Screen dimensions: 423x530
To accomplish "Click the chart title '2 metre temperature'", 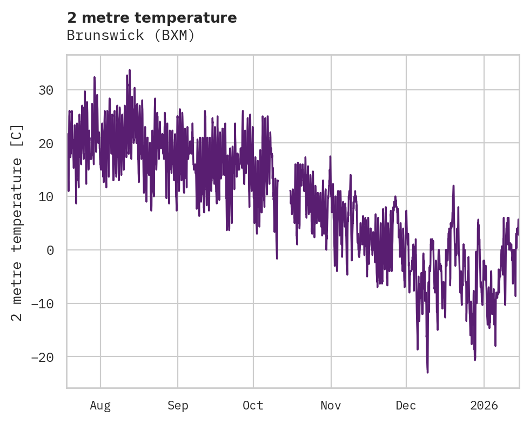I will pyautogui.click(x=152, y=18).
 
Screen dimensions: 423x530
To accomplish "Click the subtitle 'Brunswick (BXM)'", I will pyautogui.click(x=130, y=36).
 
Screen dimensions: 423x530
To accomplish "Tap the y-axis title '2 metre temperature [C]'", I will pyautogui.click(x=17, y=222).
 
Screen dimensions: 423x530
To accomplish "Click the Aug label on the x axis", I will pyautogui.click(x=100, y=405).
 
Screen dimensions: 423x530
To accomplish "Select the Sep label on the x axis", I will pyautogui.click(x=177, y=405).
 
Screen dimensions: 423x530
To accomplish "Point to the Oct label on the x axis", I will pyautogui.click(x=253, y=405).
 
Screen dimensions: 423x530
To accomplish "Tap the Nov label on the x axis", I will pyautogui.click(x=331, y=405).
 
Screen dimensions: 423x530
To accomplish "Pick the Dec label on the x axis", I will pyautogui.click(x=406, y=405).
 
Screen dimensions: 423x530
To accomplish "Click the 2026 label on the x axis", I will pyautogui.click(x=484, y=405).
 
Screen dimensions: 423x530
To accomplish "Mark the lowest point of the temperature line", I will pyautogui.click(x=427, y=372).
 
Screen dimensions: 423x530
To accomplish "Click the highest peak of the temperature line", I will pyautogui.click(x=130, y=70).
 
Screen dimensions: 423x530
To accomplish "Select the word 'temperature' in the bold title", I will pyautogui.click(x=196, y=18).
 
